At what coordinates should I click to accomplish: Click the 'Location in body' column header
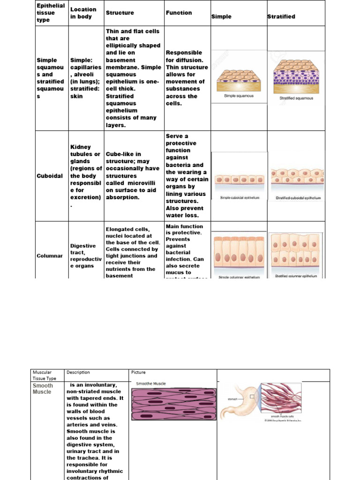pos(83,13)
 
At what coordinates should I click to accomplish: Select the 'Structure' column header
pos(120,13)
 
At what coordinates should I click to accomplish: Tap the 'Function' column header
pos(179,13)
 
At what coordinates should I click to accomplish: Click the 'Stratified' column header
pos(281,16)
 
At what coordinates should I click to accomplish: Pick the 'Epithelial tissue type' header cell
pos(51,13)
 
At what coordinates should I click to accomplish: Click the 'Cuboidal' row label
pos(50,176)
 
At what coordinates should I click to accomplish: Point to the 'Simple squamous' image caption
pos(239,96)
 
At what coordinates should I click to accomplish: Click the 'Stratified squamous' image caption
pos(296,98)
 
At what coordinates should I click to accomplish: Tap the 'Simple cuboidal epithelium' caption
pos(239,198)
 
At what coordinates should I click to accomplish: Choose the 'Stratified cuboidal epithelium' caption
pos(298,198)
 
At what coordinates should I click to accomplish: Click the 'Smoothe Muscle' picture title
pos(150,383)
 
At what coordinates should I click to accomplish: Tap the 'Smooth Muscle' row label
pos(43,389)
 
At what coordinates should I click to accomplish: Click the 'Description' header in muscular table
pos(78,373)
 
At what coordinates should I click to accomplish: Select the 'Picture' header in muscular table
pos(139,373)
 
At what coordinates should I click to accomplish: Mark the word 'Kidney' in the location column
pos(81,147)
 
